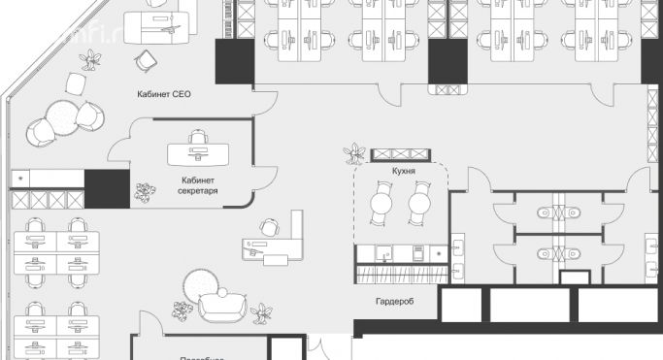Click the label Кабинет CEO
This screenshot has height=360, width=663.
pyautogui.click(x=162, y=96)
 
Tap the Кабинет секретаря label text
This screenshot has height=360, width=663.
pyautogui.click(x=197, y=185)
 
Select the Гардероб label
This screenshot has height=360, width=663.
pyautogui.click(x=394, y=302)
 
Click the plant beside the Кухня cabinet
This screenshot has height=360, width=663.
pyautogui.click(x=355, y=153)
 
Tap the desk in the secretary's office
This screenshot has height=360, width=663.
pyautogui.click(x=197, y=154)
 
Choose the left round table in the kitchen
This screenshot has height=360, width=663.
pyautogui.click(x=381, y=204)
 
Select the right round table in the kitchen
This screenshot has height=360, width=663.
pyautogui.click(x=418, y=204)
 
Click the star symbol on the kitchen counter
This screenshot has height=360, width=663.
pyautogui.click(x=437, y=253)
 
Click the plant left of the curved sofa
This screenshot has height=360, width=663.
pyautogui.click(x=182, y=311)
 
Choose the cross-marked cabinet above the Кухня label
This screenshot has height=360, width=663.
pyautogui.click(x=400, y=153)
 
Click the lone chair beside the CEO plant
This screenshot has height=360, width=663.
pyautogui.click(x=146, y=61)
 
